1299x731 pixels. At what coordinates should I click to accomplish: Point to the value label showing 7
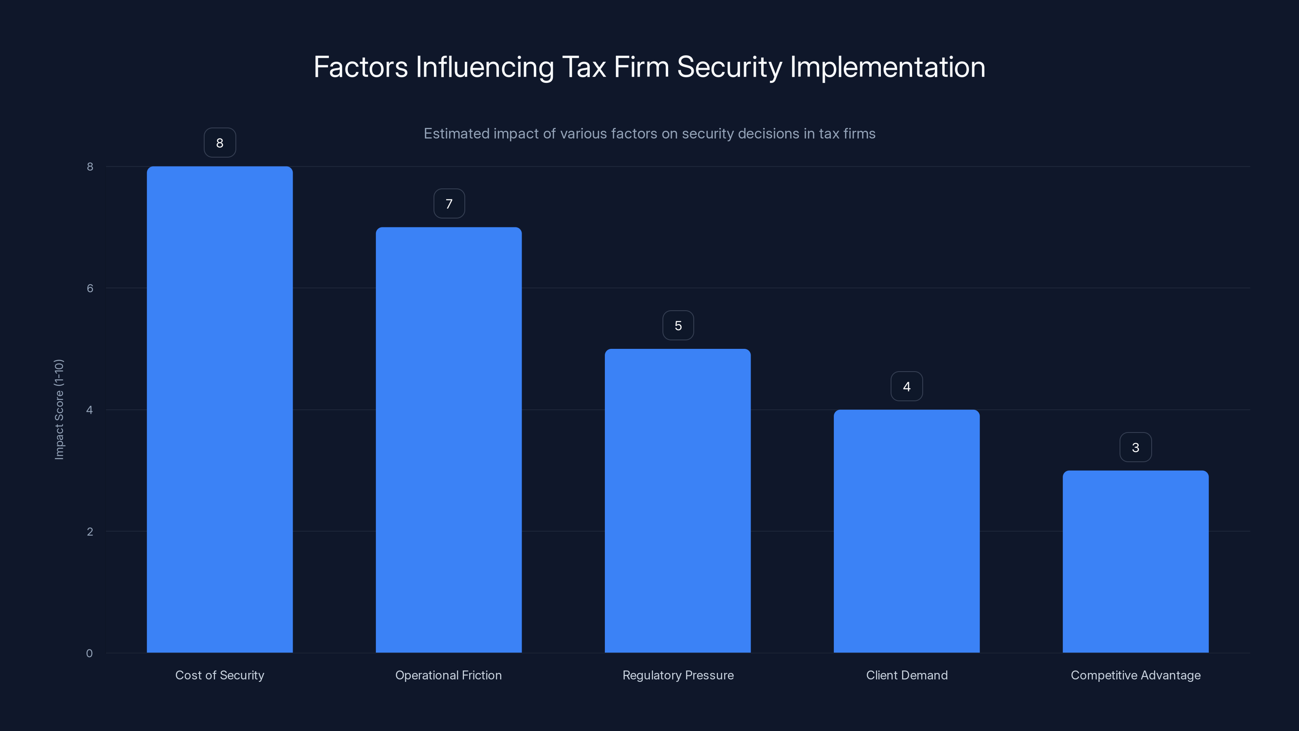(449, 204)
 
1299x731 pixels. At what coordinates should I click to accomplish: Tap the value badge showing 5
(678, 325)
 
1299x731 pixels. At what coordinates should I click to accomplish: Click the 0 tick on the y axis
(89, 653)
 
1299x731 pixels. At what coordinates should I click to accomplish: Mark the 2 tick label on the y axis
(90, 531)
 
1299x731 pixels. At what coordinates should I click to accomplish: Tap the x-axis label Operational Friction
(448, 675)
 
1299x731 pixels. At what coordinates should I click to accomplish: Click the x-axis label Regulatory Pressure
(678, 675)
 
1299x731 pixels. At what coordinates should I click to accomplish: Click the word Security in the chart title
(729, 67)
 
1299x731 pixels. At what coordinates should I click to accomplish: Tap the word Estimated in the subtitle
(456, 134)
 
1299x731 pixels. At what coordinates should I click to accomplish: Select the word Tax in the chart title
(583, 67)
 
